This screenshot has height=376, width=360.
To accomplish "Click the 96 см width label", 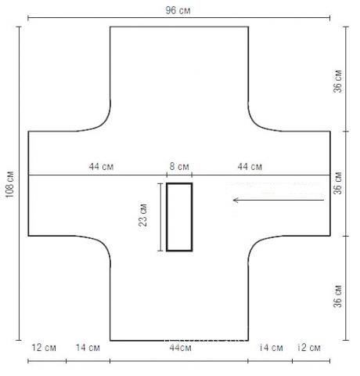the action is (178, 10).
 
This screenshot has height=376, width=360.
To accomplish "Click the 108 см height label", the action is (9, 184).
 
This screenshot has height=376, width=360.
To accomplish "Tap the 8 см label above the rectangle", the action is (179, 166).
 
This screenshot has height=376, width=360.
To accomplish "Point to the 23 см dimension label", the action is (142, 215).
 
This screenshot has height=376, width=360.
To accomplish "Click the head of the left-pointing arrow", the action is (236, 201).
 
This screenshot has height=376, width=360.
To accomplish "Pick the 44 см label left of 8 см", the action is (101, 167).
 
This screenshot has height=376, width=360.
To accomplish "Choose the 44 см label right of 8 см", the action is (250, 167).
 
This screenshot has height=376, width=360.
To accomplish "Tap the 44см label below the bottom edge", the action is (181, 348).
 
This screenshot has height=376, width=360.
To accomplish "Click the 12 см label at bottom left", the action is (44, 348).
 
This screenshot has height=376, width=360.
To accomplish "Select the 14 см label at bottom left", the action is (88, 348).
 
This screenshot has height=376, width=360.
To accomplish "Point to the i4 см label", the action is (272, 348).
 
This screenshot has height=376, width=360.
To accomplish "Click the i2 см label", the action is (309, 348).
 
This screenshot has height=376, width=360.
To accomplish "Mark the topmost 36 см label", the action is (337, 81).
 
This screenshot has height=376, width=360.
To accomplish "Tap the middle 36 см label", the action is (337, 183).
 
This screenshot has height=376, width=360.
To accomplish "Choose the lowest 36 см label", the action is (337, 296).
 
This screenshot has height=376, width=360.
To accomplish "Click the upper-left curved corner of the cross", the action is (103, 124).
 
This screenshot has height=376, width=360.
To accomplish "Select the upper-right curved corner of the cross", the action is (255, 124).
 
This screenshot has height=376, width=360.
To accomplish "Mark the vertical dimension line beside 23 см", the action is (160, 217).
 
